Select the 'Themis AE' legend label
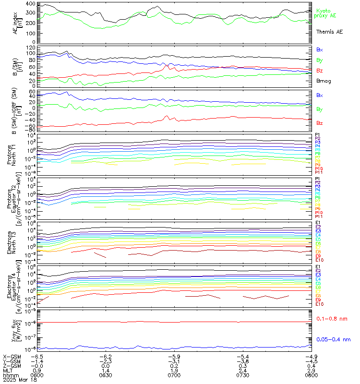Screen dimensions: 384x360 [329, 32]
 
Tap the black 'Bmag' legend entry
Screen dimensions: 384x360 [323, 81]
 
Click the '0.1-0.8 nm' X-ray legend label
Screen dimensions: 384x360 [333, 319]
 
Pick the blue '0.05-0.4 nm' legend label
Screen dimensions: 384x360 [335, 339]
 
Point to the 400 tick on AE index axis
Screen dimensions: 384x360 [29, 4]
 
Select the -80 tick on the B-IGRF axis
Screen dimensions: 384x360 [29, 130]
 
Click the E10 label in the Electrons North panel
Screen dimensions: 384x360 [320, 260]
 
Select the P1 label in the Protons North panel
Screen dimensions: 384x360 [318, 134]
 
